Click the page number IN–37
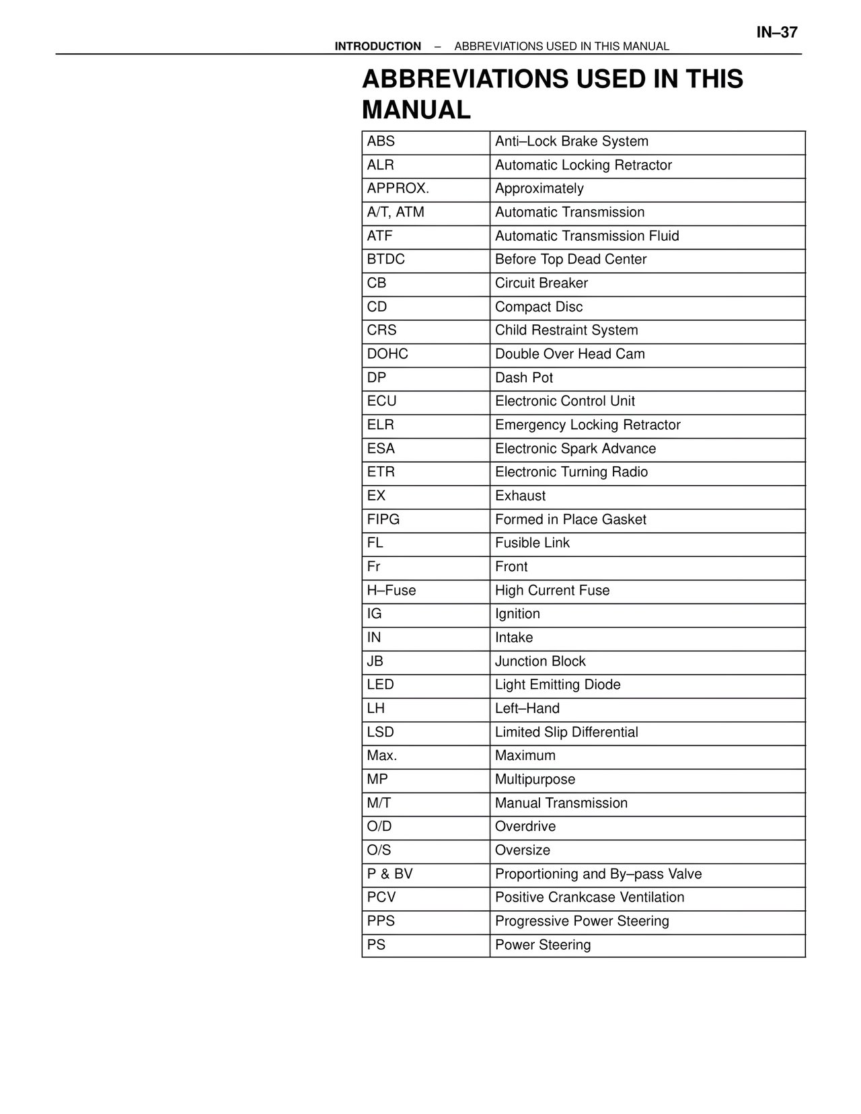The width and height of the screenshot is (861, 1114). pyautogui.click(x=777, y=32)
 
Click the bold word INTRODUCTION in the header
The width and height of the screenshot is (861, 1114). pyautogui.click(x=377, y=46)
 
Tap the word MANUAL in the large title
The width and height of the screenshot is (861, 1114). pyautogui.click(x=416, y=110)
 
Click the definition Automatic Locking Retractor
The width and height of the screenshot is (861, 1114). pyautogui.click(x=583, y=165)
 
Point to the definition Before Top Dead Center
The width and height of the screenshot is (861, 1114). pyautogui.click(x=570, y=260)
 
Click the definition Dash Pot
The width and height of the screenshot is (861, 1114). pyautogui.click(x=524, y=378)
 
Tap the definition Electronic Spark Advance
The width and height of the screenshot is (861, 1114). pyautogui.click(x=575, y=449)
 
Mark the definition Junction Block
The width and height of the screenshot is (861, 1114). pyautogui.click(x=540, y=661)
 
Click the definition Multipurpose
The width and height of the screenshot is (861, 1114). pyautogui.click(x=535, y=780)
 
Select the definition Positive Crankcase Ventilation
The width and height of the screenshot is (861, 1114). pyautogui.click(x=589, y=897)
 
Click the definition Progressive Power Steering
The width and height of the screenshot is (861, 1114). pyautogui.click(x=582, y=922)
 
